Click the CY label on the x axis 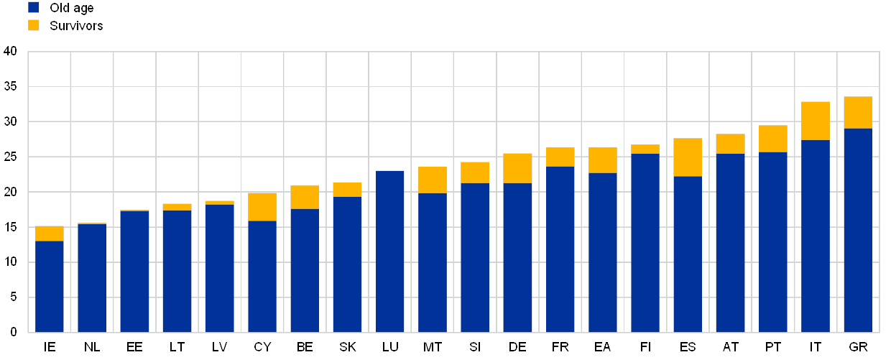(263, 347)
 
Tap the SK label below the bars (348, 347)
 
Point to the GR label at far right (858, 347)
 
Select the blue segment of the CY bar (262, 276)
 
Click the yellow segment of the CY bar (262, 206)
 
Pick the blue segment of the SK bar (348, 264)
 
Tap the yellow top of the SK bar (348, 189)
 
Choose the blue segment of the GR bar (858, 230)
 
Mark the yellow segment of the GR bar (858, 112)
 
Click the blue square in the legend (34, 8)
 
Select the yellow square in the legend (34, 25)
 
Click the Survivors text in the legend (76, 26)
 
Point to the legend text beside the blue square (72, 8)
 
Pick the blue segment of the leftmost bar (50, 286)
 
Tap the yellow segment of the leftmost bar (50, 233)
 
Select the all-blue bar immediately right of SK (390, 251)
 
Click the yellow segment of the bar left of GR (816, 120)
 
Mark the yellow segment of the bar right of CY (305, 197)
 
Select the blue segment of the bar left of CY (220, 268)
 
